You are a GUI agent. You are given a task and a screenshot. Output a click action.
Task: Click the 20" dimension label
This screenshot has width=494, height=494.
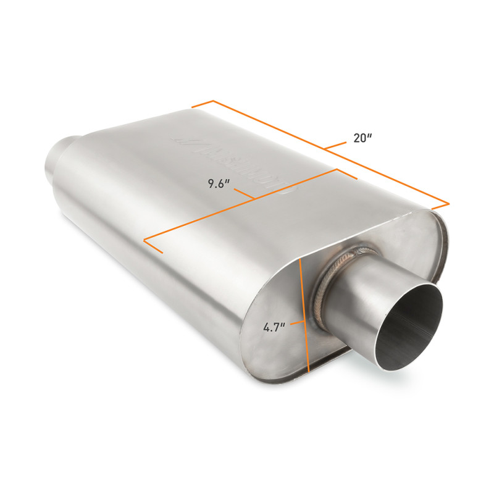coord(362,138)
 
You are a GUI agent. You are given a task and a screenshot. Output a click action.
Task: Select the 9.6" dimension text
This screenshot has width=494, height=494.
coord(219,183)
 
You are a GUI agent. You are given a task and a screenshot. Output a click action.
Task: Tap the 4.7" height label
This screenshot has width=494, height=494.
coord(274,328)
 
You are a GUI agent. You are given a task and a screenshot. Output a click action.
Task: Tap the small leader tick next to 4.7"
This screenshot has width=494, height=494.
coord(297,322)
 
